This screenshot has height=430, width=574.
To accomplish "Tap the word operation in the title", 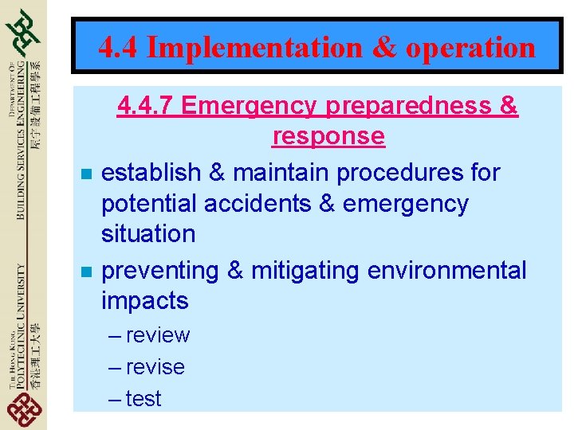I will (470, 48).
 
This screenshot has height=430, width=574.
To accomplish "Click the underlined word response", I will (328, 136).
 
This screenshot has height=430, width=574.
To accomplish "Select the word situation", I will (148, 234).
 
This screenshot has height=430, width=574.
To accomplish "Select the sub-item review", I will (158, 335).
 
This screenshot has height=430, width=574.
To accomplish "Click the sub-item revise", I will (155, 367).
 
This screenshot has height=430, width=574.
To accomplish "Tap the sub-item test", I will (143, 398).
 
